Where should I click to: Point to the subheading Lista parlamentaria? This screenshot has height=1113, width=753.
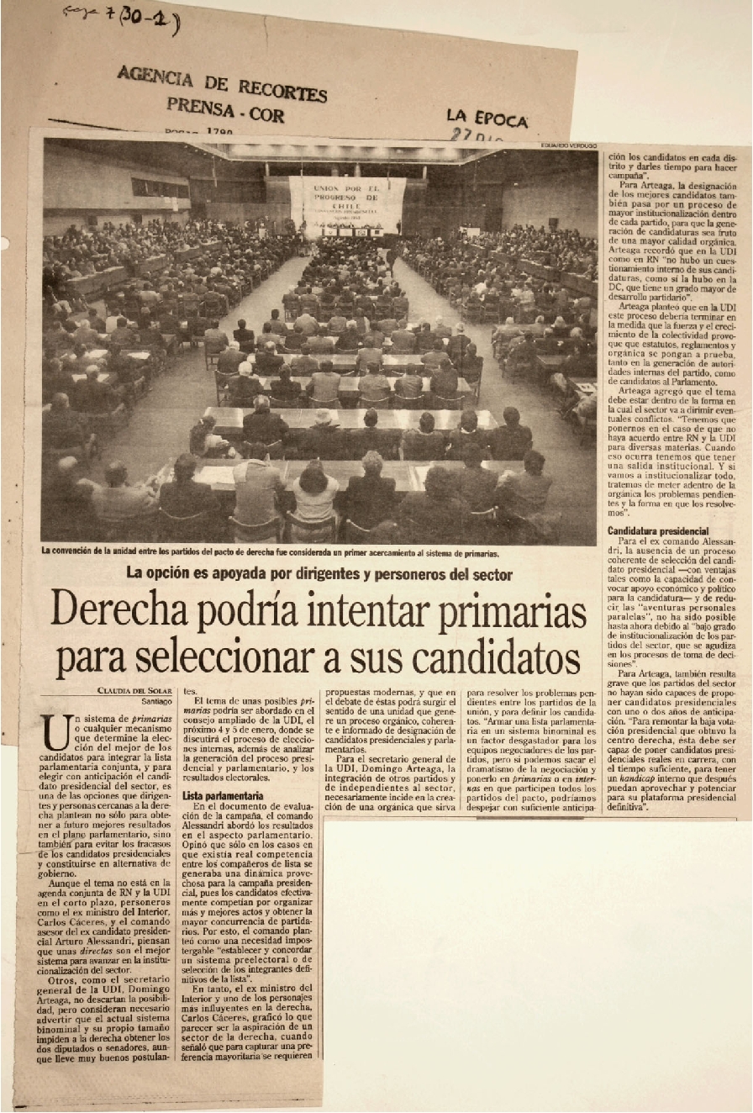click(223, 794)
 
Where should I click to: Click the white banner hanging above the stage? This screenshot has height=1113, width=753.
click(347, 202)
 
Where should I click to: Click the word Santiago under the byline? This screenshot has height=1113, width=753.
click(155, 701)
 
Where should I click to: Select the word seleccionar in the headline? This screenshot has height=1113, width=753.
click(233, 658)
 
